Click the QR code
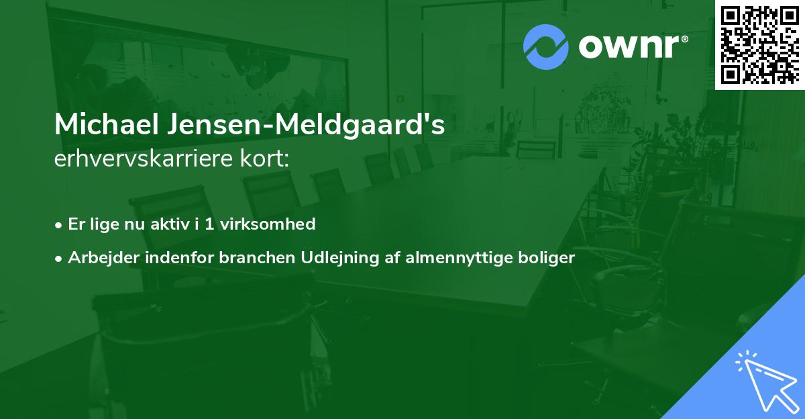759,44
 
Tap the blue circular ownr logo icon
546,46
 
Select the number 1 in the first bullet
209,224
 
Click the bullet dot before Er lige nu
60,225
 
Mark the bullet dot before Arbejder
60,259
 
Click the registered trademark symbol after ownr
684,39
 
